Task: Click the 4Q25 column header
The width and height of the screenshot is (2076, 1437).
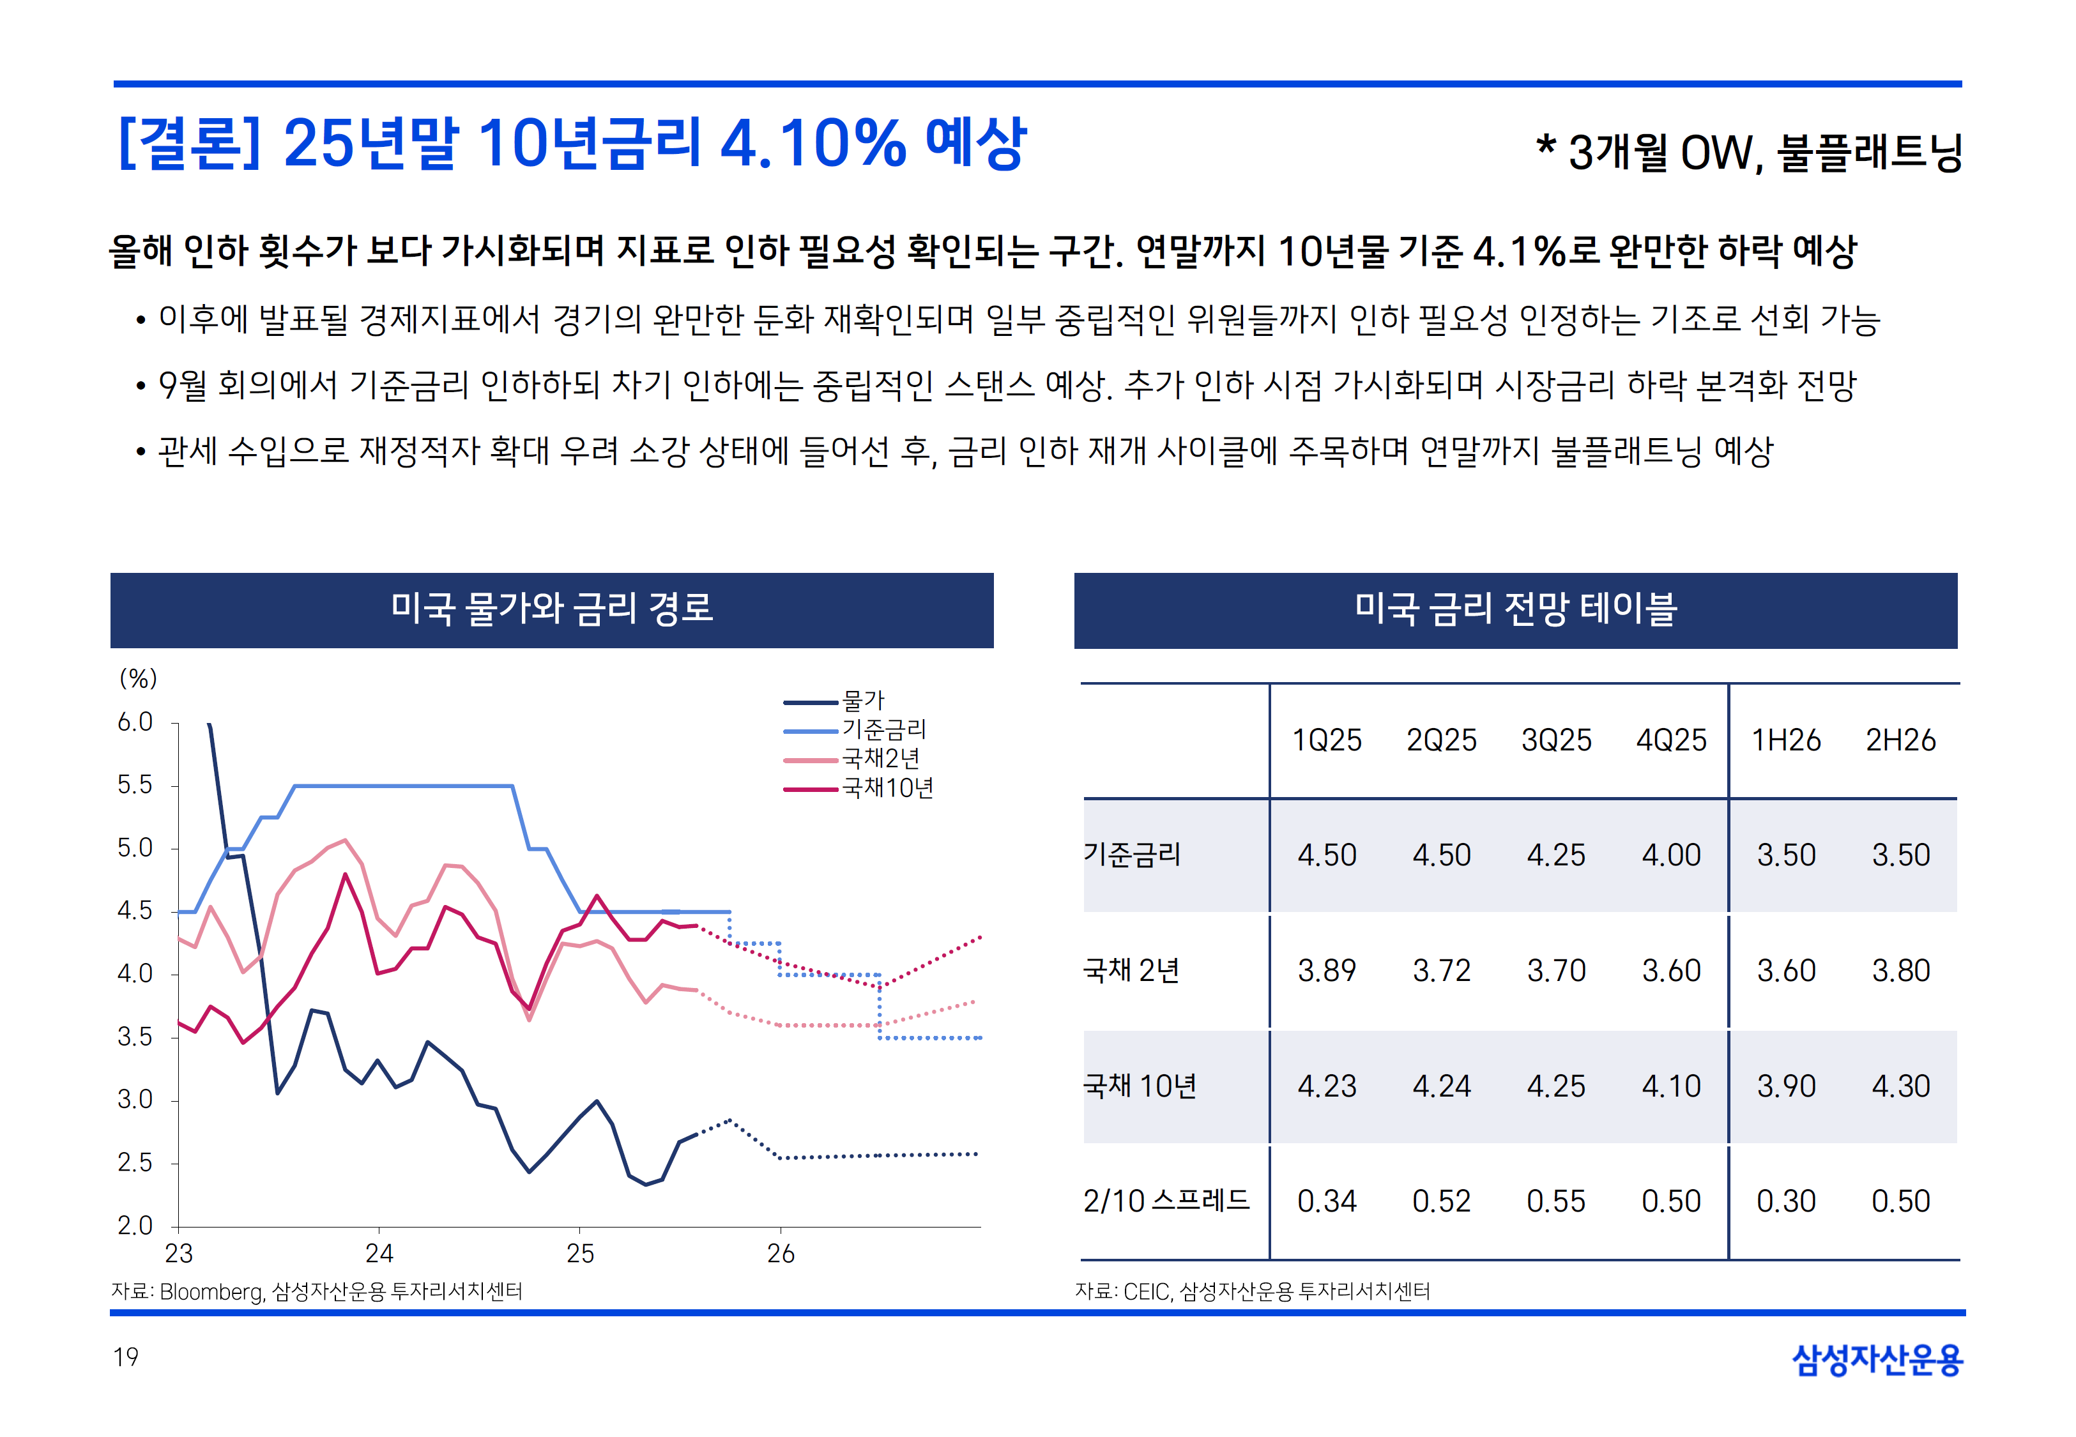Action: [x=1671, y=740]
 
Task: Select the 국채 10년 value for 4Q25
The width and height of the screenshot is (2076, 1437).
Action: [x=1671, y=1086]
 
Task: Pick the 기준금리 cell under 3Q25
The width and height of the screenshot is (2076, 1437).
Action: [x=1555, y=855]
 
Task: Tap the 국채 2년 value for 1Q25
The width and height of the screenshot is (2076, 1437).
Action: [x=1326, y=971]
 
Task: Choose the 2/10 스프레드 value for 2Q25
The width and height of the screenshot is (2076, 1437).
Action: [x=1440, y=1201]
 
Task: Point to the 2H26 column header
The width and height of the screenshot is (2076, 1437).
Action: [x=1900, y=740]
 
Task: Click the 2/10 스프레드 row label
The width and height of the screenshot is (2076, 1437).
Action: [x=1167, y=1201]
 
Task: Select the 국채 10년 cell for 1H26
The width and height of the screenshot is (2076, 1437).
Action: [x=1786, y=1086]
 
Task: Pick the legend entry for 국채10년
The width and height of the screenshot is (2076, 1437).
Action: [x=887, y=789]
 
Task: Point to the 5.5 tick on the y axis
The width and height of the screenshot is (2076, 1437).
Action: [x=135, y=785]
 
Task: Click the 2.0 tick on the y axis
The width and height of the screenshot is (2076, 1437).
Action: [x=135, y=1226]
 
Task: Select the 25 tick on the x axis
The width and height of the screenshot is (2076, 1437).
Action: [x=580, y=1253]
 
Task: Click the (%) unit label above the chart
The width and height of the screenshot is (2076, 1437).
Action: [x=139, y=678]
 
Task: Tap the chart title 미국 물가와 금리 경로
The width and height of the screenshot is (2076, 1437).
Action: [x=552, y=609]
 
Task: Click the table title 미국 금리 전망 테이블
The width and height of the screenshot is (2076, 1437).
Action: [x=1515, y=609]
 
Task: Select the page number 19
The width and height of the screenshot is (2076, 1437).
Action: [x=126, y=1357]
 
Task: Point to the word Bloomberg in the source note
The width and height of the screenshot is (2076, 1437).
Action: [x=211, y=1292]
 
